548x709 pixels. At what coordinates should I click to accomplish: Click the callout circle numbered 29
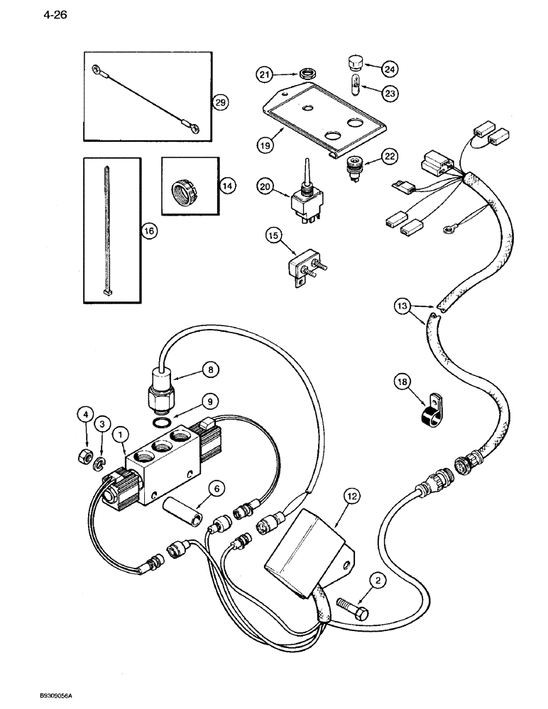tap(220, 103)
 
